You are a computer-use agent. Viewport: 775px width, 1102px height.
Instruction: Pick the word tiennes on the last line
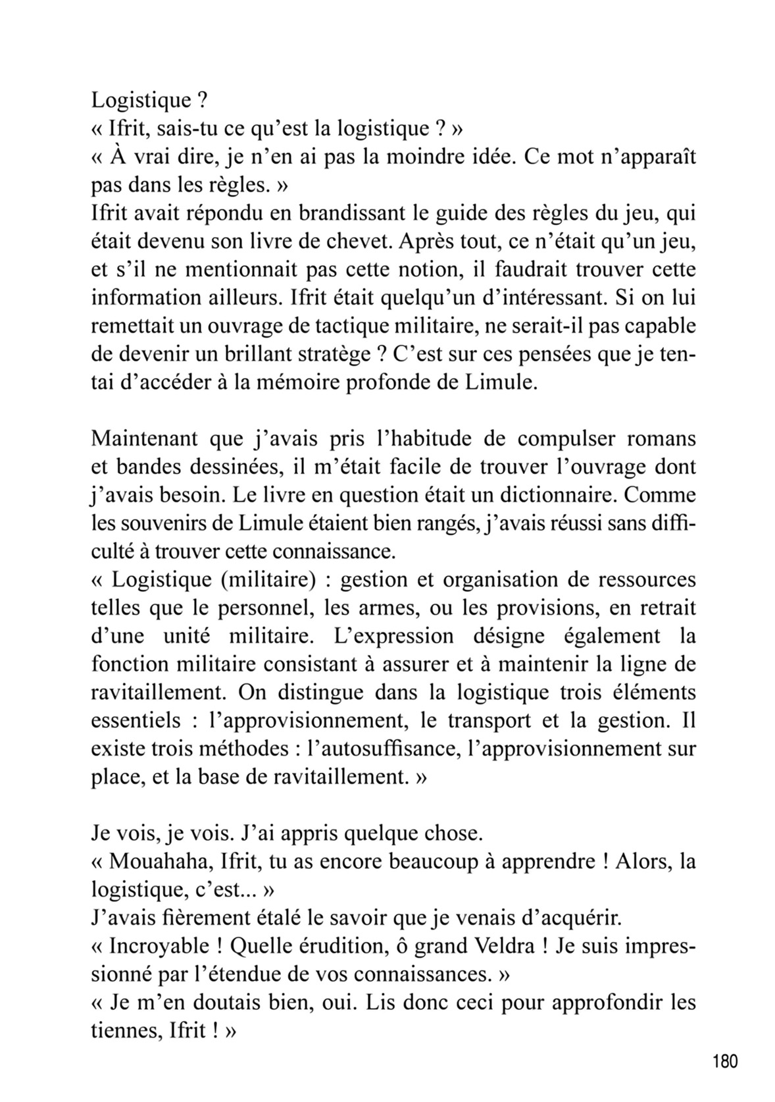tap(123, 1031)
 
